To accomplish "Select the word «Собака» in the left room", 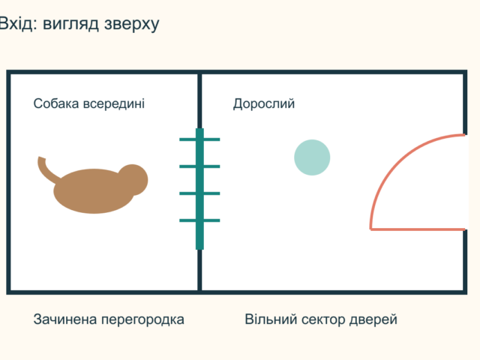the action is coord(56,103).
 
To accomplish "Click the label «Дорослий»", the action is coord(264,104).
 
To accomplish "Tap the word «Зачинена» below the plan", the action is coord(65,319).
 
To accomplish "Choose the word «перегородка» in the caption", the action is coord(142,320).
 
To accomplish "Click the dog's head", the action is coord(134,180).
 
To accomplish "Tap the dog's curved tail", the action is coord(45,171).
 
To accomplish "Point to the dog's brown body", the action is coord(94,191).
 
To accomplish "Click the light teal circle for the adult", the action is coord(312,157).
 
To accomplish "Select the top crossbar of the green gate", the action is coord(199,139).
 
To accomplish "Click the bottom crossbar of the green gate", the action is coord(199,220).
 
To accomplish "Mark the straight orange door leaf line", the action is coord(418,229).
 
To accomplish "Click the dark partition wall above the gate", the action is coord(199,101).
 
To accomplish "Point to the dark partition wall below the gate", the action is coord(199,270).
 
